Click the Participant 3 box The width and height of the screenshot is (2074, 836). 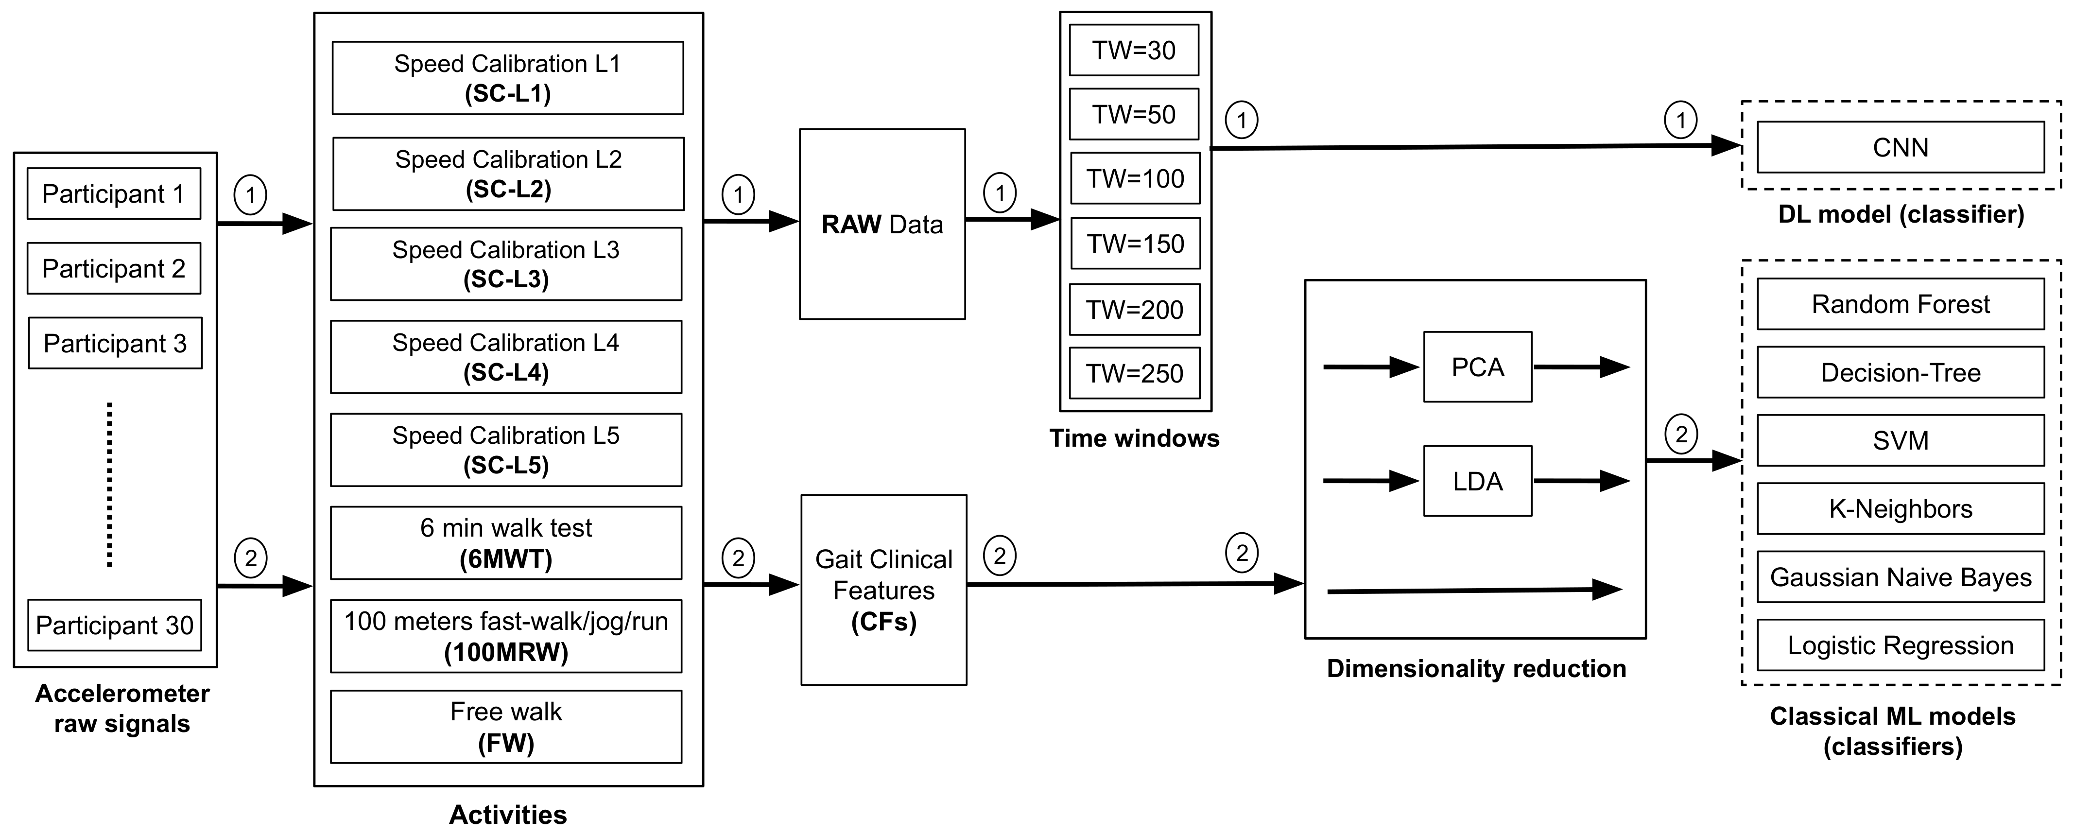pos(115,343)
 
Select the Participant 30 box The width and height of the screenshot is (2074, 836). pos(114,625)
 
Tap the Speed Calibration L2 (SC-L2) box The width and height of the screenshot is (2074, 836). pos(508,174)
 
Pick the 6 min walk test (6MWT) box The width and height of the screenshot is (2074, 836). pos(505,543)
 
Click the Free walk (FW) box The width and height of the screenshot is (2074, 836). pos(505,727)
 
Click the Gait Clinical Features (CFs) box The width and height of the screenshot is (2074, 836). pos(883,590)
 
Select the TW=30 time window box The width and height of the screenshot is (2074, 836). pos(1134,50)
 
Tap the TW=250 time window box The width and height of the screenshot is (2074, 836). pos(1134,373)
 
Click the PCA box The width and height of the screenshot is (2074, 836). pos(1477,367)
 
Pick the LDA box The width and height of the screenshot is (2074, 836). pos(1477,481)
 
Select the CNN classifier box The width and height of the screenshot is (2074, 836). pos(1900,147)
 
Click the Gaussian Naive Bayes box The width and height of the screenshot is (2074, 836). pos(1900,576)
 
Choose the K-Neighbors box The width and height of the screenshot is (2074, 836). pos(1900,508)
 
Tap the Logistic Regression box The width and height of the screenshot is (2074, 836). pos(1900,645)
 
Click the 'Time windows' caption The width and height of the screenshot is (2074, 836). pos(1134,438)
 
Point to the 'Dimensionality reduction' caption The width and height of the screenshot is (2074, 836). pos(1476,668)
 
